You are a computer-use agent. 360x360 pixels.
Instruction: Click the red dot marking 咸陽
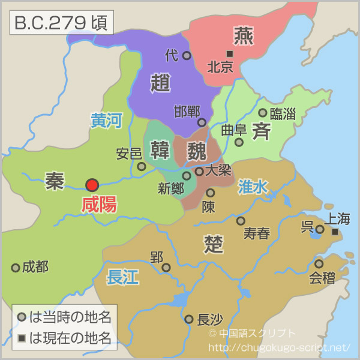[x=92, y=185]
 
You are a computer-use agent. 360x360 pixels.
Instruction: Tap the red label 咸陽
[x=99, y=205]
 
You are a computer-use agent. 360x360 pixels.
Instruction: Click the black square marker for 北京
[x=229, y=54]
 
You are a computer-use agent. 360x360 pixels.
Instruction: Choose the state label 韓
[x=160, y=149]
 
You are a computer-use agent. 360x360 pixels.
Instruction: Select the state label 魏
[x=196, y=149]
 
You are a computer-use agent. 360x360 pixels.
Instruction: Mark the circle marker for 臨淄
[x=262, y=113]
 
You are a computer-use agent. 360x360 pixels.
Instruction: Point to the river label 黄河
[x=106, y=121]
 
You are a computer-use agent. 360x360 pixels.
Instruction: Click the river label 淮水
[x=253, y=187]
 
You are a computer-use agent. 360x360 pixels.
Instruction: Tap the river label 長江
[x=122, y=277]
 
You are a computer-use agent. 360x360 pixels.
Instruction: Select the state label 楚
[x=214, y=244]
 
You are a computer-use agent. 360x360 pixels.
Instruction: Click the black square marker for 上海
[x=335, y=232]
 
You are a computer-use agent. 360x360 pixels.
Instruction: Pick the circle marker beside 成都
[x=16, y=268]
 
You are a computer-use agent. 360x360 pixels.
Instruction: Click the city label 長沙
[x=211, y=319]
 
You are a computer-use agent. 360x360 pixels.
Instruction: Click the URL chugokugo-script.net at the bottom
[x=280, y=347]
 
